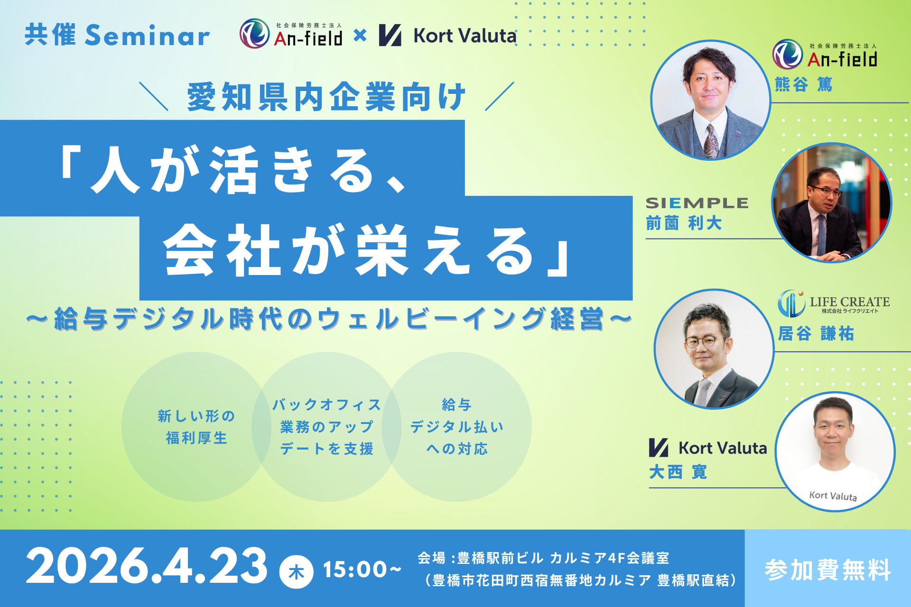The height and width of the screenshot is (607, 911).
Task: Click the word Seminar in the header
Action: click(x=148, y=36)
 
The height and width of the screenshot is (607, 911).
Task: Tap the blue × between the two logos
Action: click(x=360, y=35)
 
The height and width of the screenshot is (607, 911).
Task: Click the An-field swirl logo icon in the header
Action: click(x=254, y=34)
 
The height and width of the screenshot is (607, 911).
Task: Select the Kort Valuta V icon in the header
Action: click(x=390, y=36)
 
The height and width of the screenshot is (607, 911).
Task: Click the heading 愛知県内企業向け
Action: click(x=326, y=97)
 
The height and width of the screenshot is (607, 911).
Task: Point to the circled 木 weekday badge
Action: click(x=296, y=572)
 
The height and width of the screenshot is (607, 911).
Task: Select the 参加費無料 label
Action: click(x=828, y=570)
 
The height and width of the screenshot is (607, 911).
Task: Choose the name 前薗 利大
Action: click(x=684, y=223)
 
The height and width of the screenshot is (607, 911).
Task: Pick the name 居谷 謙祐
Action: click(x=816, y=333)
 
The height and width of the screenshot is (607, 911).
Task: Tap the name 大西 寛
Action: click(x=678, y=472)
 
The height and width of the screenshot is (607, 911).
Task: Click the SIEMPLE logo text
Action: click(x=697, y=203)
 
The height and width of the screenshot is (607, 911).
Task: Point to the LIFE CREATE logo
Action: click(x=834, y=303)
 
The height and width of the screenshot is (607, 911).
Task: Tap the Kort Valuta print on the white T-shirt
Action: click(x=833, y=496)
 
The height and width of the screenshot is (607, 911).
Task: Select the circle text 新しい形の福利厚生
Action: click(x=196, y=427)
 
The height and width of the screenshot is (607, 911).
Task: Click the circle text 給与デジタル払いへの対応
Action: click(x=457, y=426)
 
